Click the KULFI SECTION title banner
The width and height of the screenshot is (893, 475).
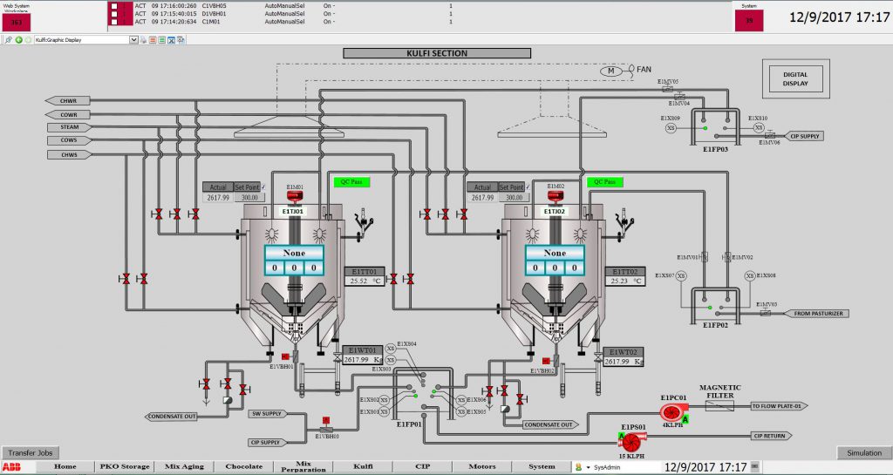click(436, 53)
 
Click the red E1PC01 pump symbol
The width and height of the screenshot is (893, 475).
click(670, 412)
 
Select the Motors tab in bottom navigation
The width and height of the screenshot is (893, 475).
click(481, 466)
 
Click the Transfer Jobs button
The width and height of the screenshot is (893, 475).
click(31, 453)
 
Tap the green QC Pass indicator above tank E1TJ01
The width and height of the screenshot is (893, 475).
click(347, 182)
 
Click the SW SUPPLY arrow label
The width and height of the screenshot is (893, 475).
click(267, 413)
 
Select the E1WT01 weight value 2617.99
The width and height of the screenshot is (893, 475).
click(357, 360)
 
